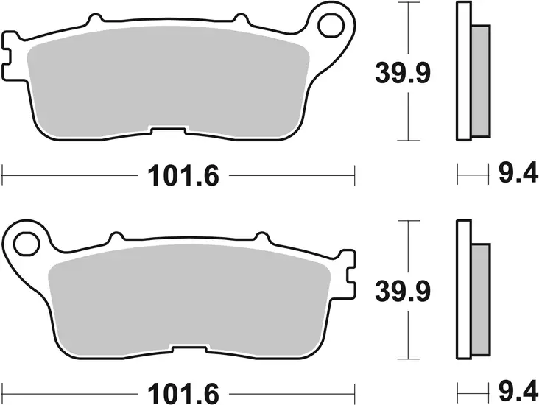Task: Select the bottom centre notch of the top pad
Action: pos(169,131)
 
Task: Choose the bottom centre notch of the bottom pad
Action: pos(187,346)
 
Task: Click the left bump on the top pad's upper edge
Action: pos(94,17)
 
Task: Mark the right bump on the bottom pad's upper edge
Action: pos(259,236)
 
